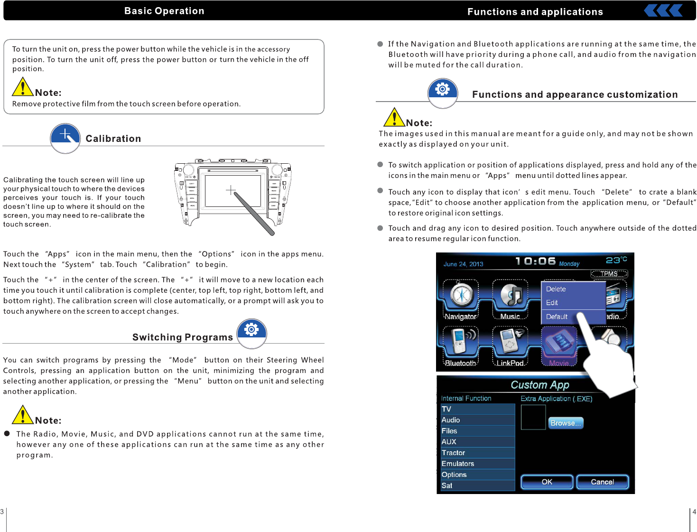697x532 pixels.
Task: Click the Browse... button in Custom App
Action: [566, 423]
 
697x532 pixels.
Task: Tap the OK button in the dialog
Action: [547, 482]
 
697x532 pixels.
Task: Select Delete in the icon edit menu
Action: [556, 289]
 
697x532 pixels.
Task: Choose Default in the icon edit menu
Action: [557, 317]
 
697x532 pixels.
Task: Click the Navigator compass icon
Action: [461, 296]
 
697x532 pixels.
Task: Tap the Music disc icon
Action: [510, 296]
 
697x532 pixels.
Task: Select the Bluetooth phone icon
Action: [460, 342]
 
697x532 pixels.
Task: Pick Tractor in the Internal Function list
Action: [454, 453]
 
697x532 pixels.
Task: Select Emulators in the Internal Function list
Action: [458, 464]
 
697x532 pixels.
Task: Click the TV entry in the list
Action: [446, 409]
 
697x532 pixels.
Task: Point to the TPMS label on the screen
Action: [609, 274]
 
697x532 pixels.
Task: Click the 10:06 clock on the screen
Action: [535, 261]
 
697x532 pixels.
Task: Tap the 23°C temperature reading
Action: [616, 260]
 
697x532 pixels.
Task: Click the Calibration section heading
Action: [113, 139]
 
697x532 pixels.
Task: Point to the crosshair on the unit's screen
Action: [231, 190]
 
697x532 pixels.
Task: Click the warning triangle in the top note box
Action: [22, 87]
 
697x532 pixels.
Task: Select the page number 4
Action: [694, 512]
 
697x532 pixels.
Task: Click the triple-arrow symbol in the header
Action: [663, 10]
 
